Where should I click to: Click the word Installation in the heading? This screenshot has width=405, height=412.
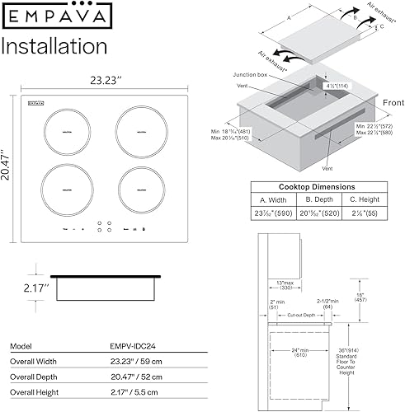[x=57, y=45]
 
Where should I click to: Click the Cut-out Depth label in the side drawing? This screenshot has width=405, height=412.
[x=302, y=316]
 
